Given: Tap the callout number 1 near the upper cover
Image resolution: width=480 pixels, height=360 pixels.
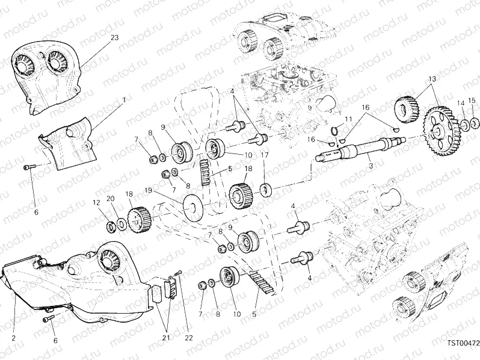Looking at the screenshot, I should point(124,99).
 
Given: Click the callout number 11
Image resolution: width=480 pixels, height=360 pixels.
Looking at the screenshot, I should point(348,119).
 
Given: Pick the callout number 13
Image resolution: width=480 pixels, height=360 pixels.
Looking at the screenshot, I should point(432,79).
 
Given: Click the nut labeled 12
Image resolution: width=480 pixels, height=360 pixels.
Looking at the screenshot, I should point(112,227).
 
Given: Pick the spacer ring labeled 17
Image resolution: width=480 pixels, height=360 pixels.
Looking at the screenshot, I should point(264,190).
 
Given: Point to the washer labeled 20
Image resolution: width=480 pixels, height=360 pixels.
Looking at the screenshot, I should point(122,225).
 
